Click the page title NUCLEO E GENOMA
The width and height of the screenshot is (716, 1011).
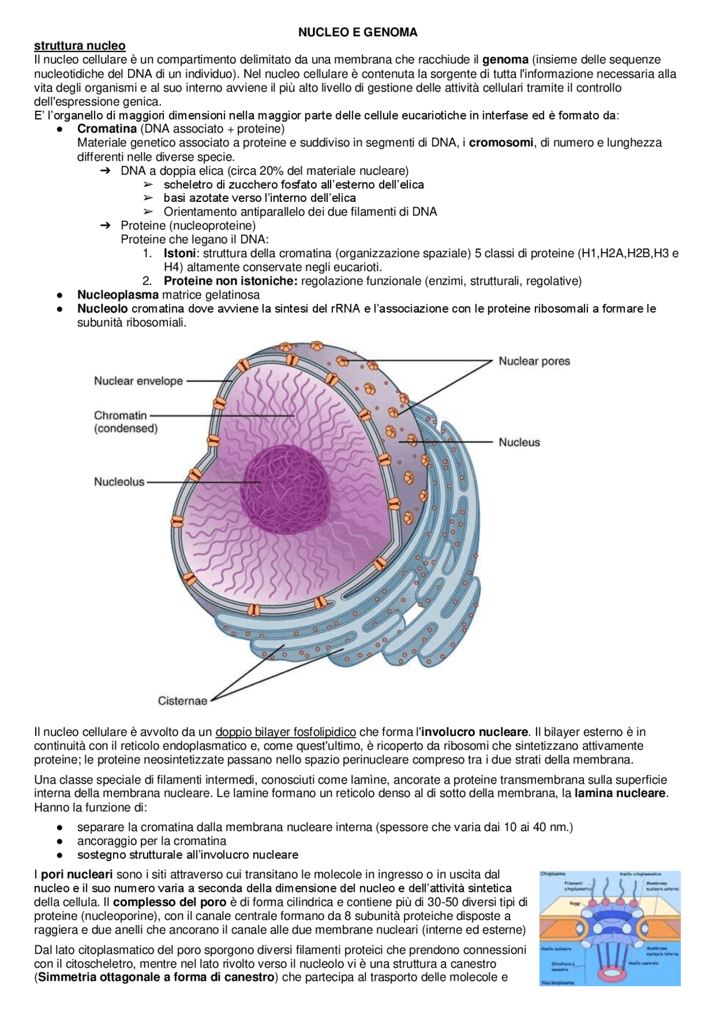tap(357, 32)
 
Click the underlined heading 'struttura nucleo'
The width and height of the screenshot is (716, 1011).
tap(79, 46)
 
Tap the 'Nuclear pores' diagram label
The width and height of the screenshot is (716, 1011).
tap(534, 361)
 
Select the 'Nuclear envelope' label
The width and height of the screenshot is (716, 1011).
tap(138, 381)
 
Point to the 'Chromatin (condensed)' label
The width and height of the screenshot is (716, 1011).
tap(125, 422)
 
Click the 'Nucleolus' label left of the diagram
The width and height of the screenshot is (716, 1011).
tap(119, 481)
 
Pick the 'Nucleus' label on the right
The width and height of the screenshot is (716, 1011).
tap(519, 442)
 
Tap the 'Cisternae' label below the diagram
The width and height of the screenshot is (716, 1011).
tap(182, 701)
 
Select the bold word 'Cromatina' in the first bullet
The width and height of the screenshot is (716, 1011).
tap(106, 129)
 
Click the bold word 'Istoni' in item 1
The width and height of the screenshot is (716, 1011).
tap(179, 253)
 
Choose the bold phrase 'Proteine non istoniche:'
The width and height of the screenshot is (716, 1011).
tap(230, 281)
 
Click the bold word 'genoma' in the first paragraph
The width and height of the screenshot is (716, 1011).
tap(505, 59)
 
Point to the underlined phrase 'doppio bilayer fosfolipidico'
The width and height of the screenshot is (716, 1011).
tap(285, 732)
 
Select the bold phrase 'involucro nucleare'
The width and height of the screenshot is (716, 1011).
tap(474, 732)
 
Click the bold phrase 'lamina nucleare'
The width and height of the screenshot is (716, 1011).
tap(620, 793)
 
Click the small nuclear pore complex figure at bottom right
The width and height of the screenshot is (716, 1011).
tap(610, 928)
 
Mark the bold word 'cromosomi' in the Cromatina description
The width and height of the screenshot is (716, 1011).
tap(501, 143)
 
